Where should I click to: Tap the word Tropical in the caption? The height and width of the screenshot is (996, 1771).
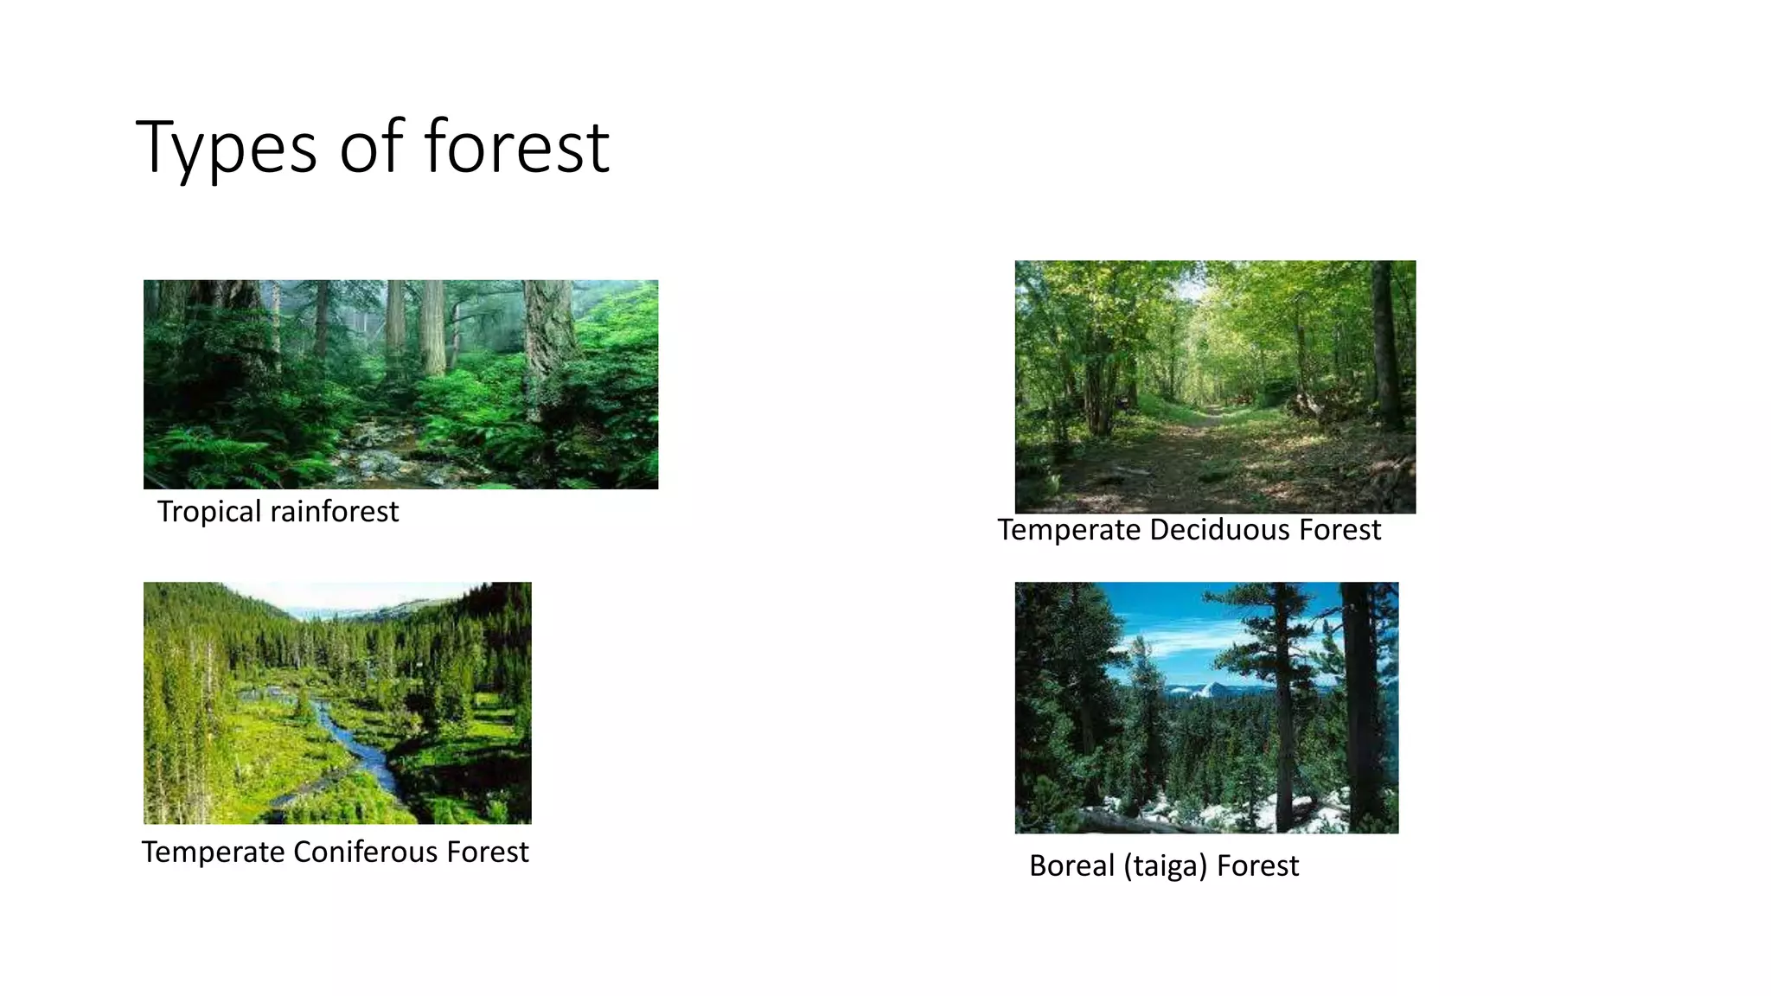(x=208, y=512)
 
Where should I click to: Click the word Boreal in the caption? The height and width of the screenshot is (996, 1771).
(x=1071, y=866)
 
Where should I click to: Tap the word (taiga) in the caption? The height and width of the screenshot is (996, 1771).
(x=1165, y=866)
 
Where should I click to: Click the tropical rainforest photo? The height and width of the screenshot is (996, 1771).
(x=400, y=384)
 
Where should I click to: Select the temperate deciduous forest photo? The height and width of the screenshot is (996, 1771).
(x=1215, y=386)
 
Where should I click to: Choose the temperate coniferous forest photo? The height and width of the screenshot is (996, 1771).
(x=337, y=702)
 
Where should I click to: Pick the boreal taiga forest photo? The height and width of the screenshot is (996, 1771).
(x=1206, y=707)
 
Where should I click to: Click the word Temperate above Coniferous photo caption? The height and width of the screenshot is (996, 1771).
(x=213, y=852)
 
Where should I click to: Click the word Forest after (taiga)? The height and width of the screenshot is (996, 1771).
(x=1257, y=866)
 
